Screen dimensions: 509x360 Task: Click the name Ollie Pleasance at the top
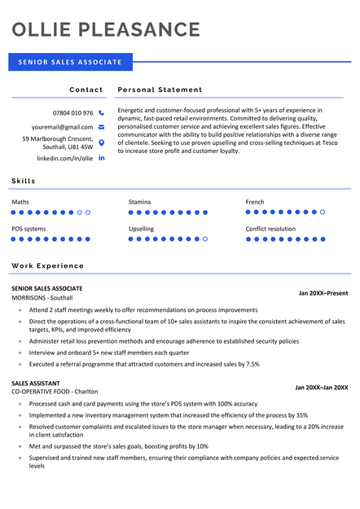point(106,30)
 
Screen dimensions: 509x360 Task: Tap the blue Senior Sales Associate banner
point(70,62)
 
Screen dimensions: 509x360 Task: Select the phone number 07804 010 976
point(72,112)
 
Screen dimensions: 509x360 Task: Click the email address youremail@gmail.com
point(63,127)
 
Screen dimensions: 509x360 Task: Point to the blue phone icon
point(102,112)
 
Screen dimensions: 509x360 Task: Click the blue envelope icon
point(102,127)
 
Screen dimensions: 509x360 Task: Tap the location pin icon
point(102,143)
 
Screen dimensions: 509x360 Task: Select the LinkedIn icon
point(102,157)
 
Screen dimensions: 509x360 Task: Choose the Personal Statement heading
point(160,90)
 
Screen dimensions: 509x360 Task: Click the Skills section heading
point(24,180)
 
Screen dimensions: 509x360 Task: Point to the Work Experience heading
point(47,265)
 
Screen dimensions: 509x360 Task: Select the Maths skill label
point(20,201)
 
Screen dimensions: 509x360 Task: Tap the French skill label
point(255,201)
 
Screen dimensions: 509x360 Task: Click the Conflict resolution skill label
point(270,229)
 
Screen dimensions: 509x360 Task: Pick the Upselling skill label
point(141,229)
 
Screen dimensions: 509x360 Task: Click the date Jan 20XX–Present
point(323,292)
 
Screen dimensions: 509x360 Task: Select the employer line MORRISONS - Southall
point(42,298)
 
